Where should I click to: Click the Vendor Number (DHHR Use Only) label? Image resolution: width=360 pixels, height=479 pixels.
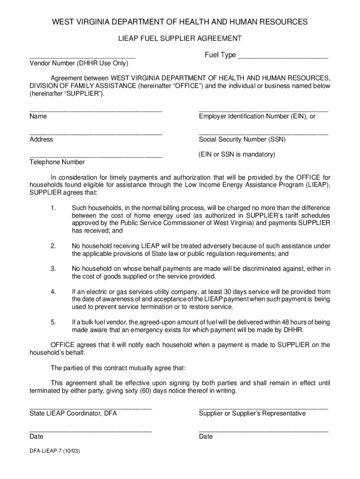tap(79, 63)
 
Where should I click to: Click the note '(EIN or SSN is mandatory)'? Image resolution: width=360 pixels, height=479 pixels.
tap(237, 154)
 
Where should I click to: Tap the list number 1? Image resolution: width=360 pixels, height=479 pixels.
tap(54, 208)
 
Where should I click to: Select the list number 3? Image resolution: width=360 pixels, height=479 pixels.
tap(54, 269)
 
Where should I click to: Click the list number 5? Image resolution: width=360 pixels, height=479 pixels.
tap(54, 322)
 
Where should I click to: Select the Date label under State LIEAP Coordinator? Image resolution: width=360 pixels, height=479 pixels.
tap(36, 436)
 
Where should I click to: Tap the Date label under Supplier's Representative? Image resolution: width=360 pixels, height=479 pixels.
tap(206, 436)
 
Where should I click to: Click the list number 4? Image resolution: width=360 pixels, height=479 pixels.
tap(54, 292)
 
